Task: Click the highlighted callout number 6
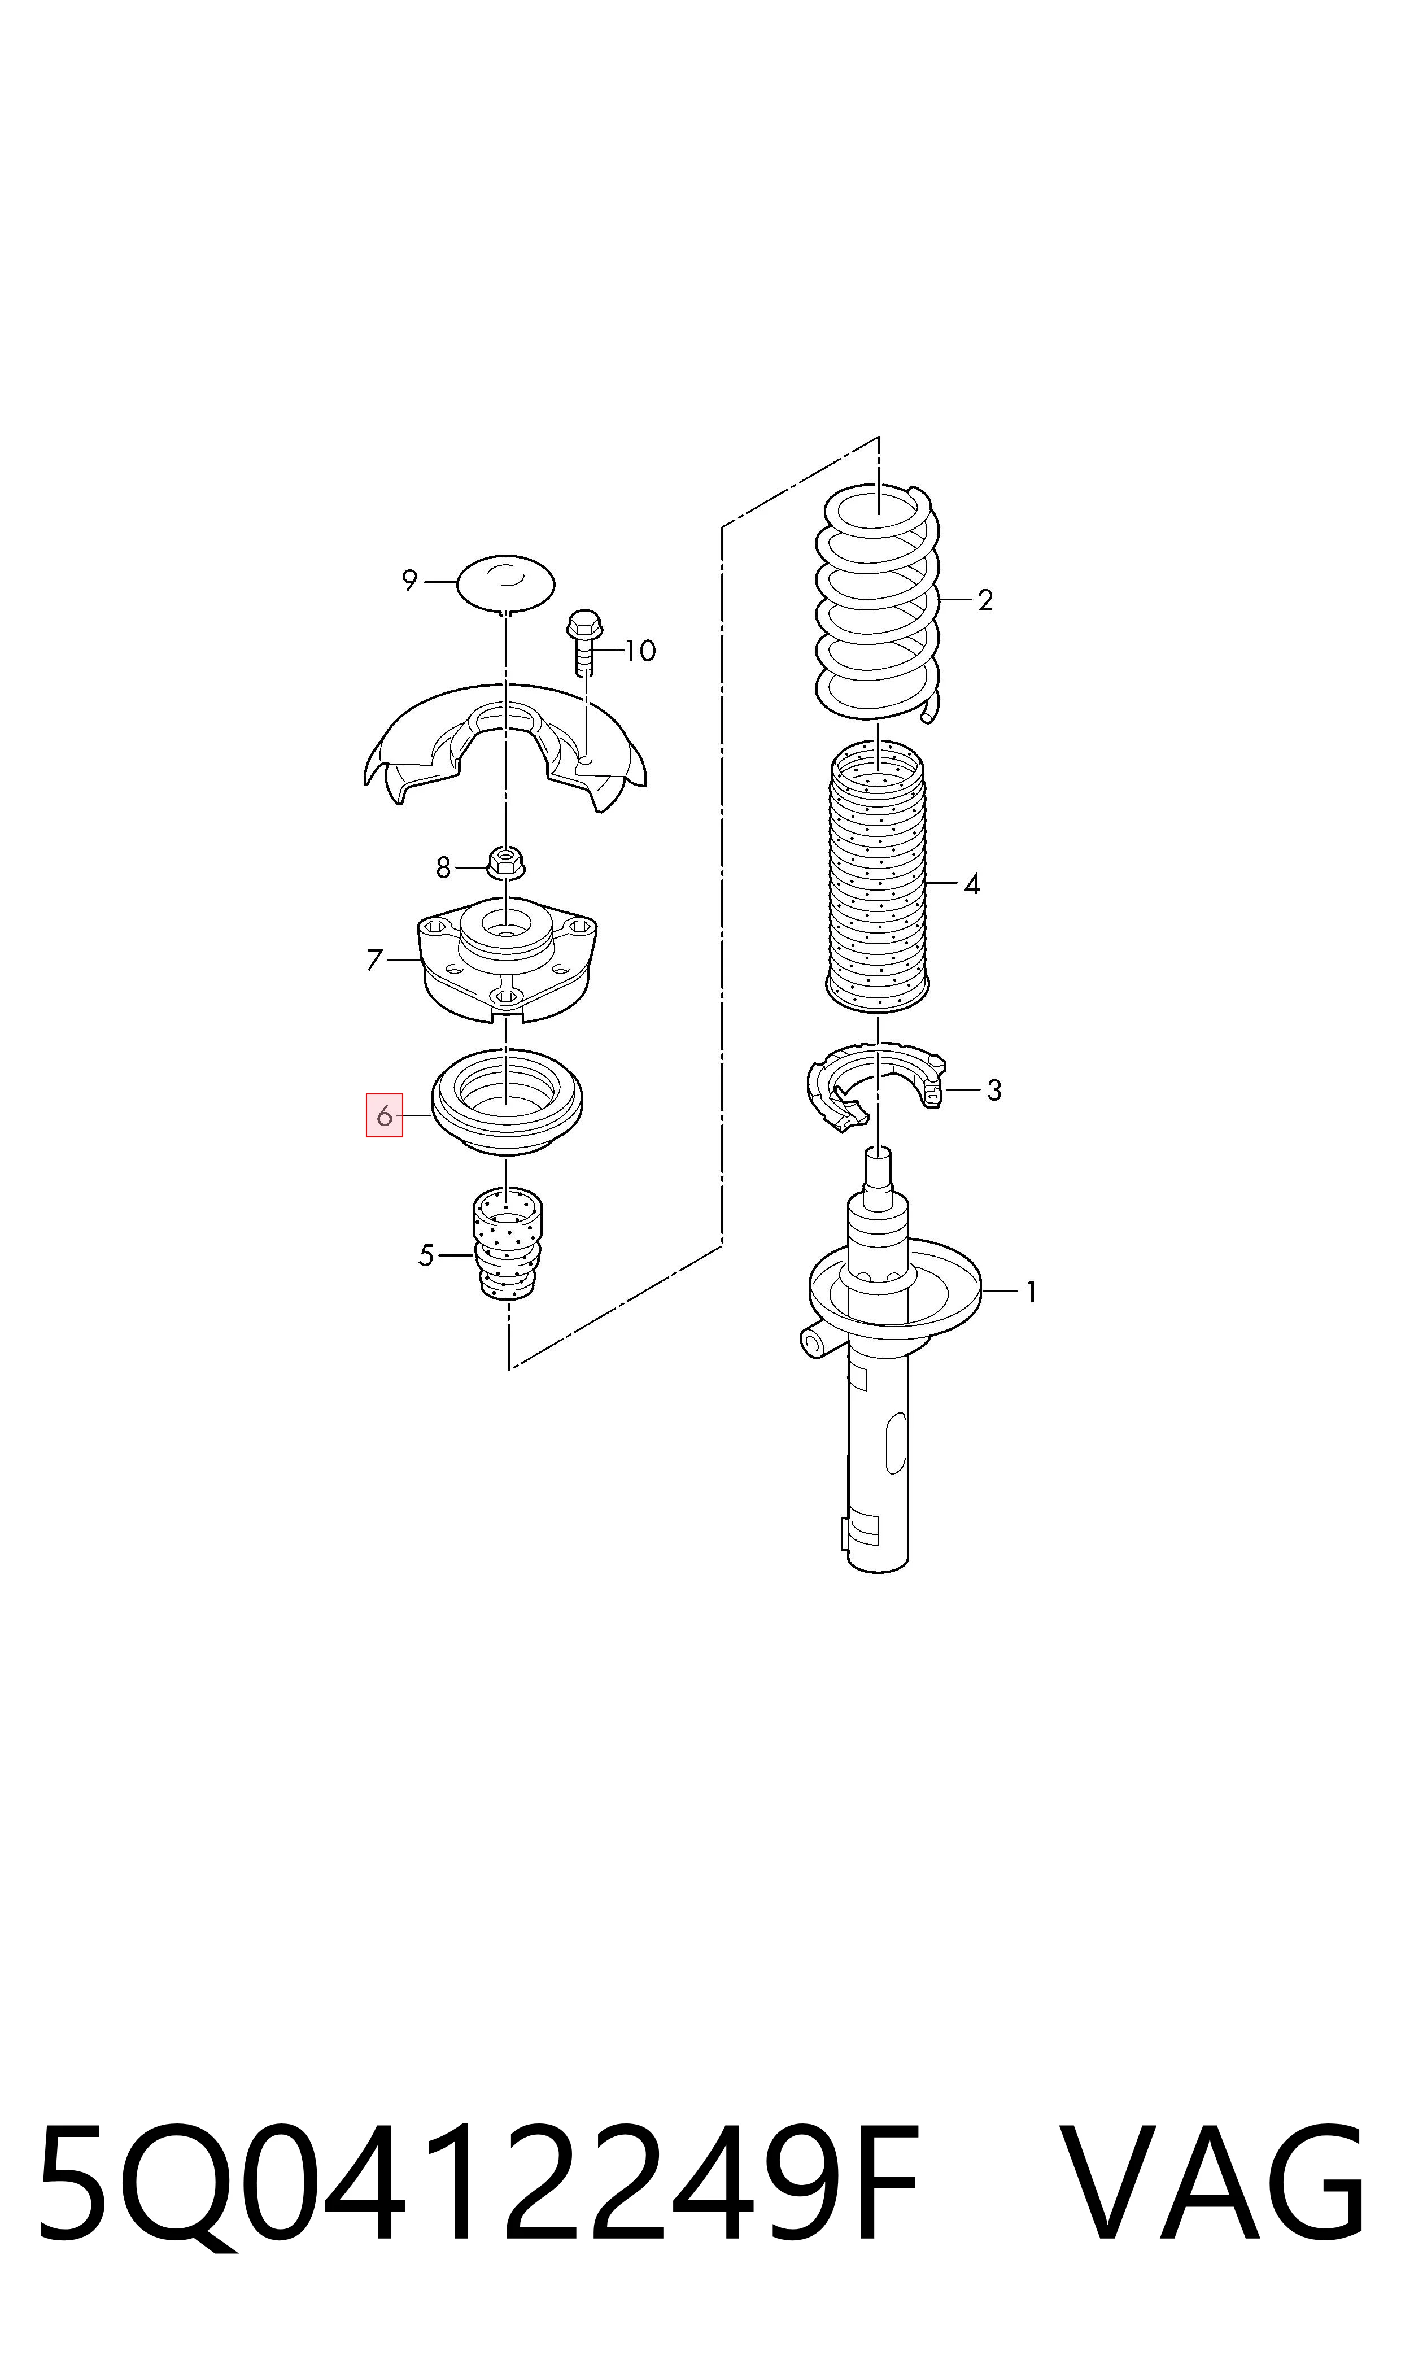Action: tap(384, 1116)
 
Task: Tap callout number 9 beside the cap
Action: tap(409, 581)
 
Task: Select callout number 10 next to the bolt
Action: tap(640, 651)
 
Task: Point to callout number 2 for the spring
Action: tap(985, 600)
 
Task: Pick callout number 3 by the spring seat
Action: tap(993, 1091)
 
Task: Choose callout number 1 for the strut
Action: tap(1031, 1292)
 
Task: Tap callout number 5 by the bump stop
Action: tap(426, 1255)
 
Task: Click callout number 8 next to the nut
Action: tap(443, 866)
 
